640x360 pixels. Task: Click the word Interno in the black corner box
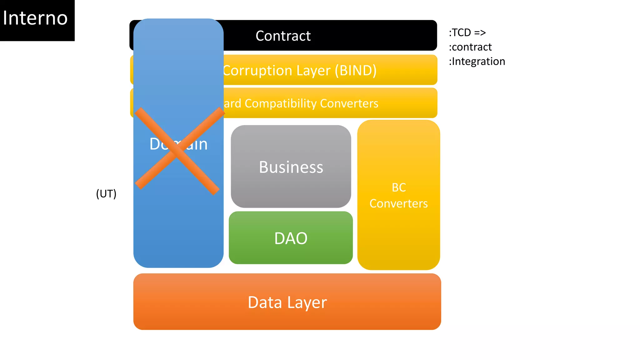(35, 18)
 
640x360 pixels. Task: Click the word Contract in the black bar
(283, 36)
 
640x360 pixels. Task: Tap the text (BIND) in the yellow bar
(356, 71)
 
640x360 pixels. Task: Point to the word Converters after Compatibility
(349, 103)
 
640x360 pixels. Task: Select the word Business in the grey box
(291, 167)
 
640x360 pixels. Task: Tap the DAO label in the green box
(291, 238)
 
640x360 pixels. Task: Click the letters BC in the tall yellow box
(399, 187)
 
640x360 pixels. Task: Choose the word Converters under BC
(398, 204)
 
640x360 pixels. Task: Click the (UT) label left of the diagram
(106, 194)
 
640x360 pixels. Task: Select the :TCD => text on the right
(467, 32)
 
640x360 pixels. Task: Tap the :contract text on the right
(470, 47)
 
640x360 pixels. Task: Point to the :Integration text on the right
(477, 62)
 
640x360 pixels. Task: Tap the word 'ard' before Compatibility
(233, 104)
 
